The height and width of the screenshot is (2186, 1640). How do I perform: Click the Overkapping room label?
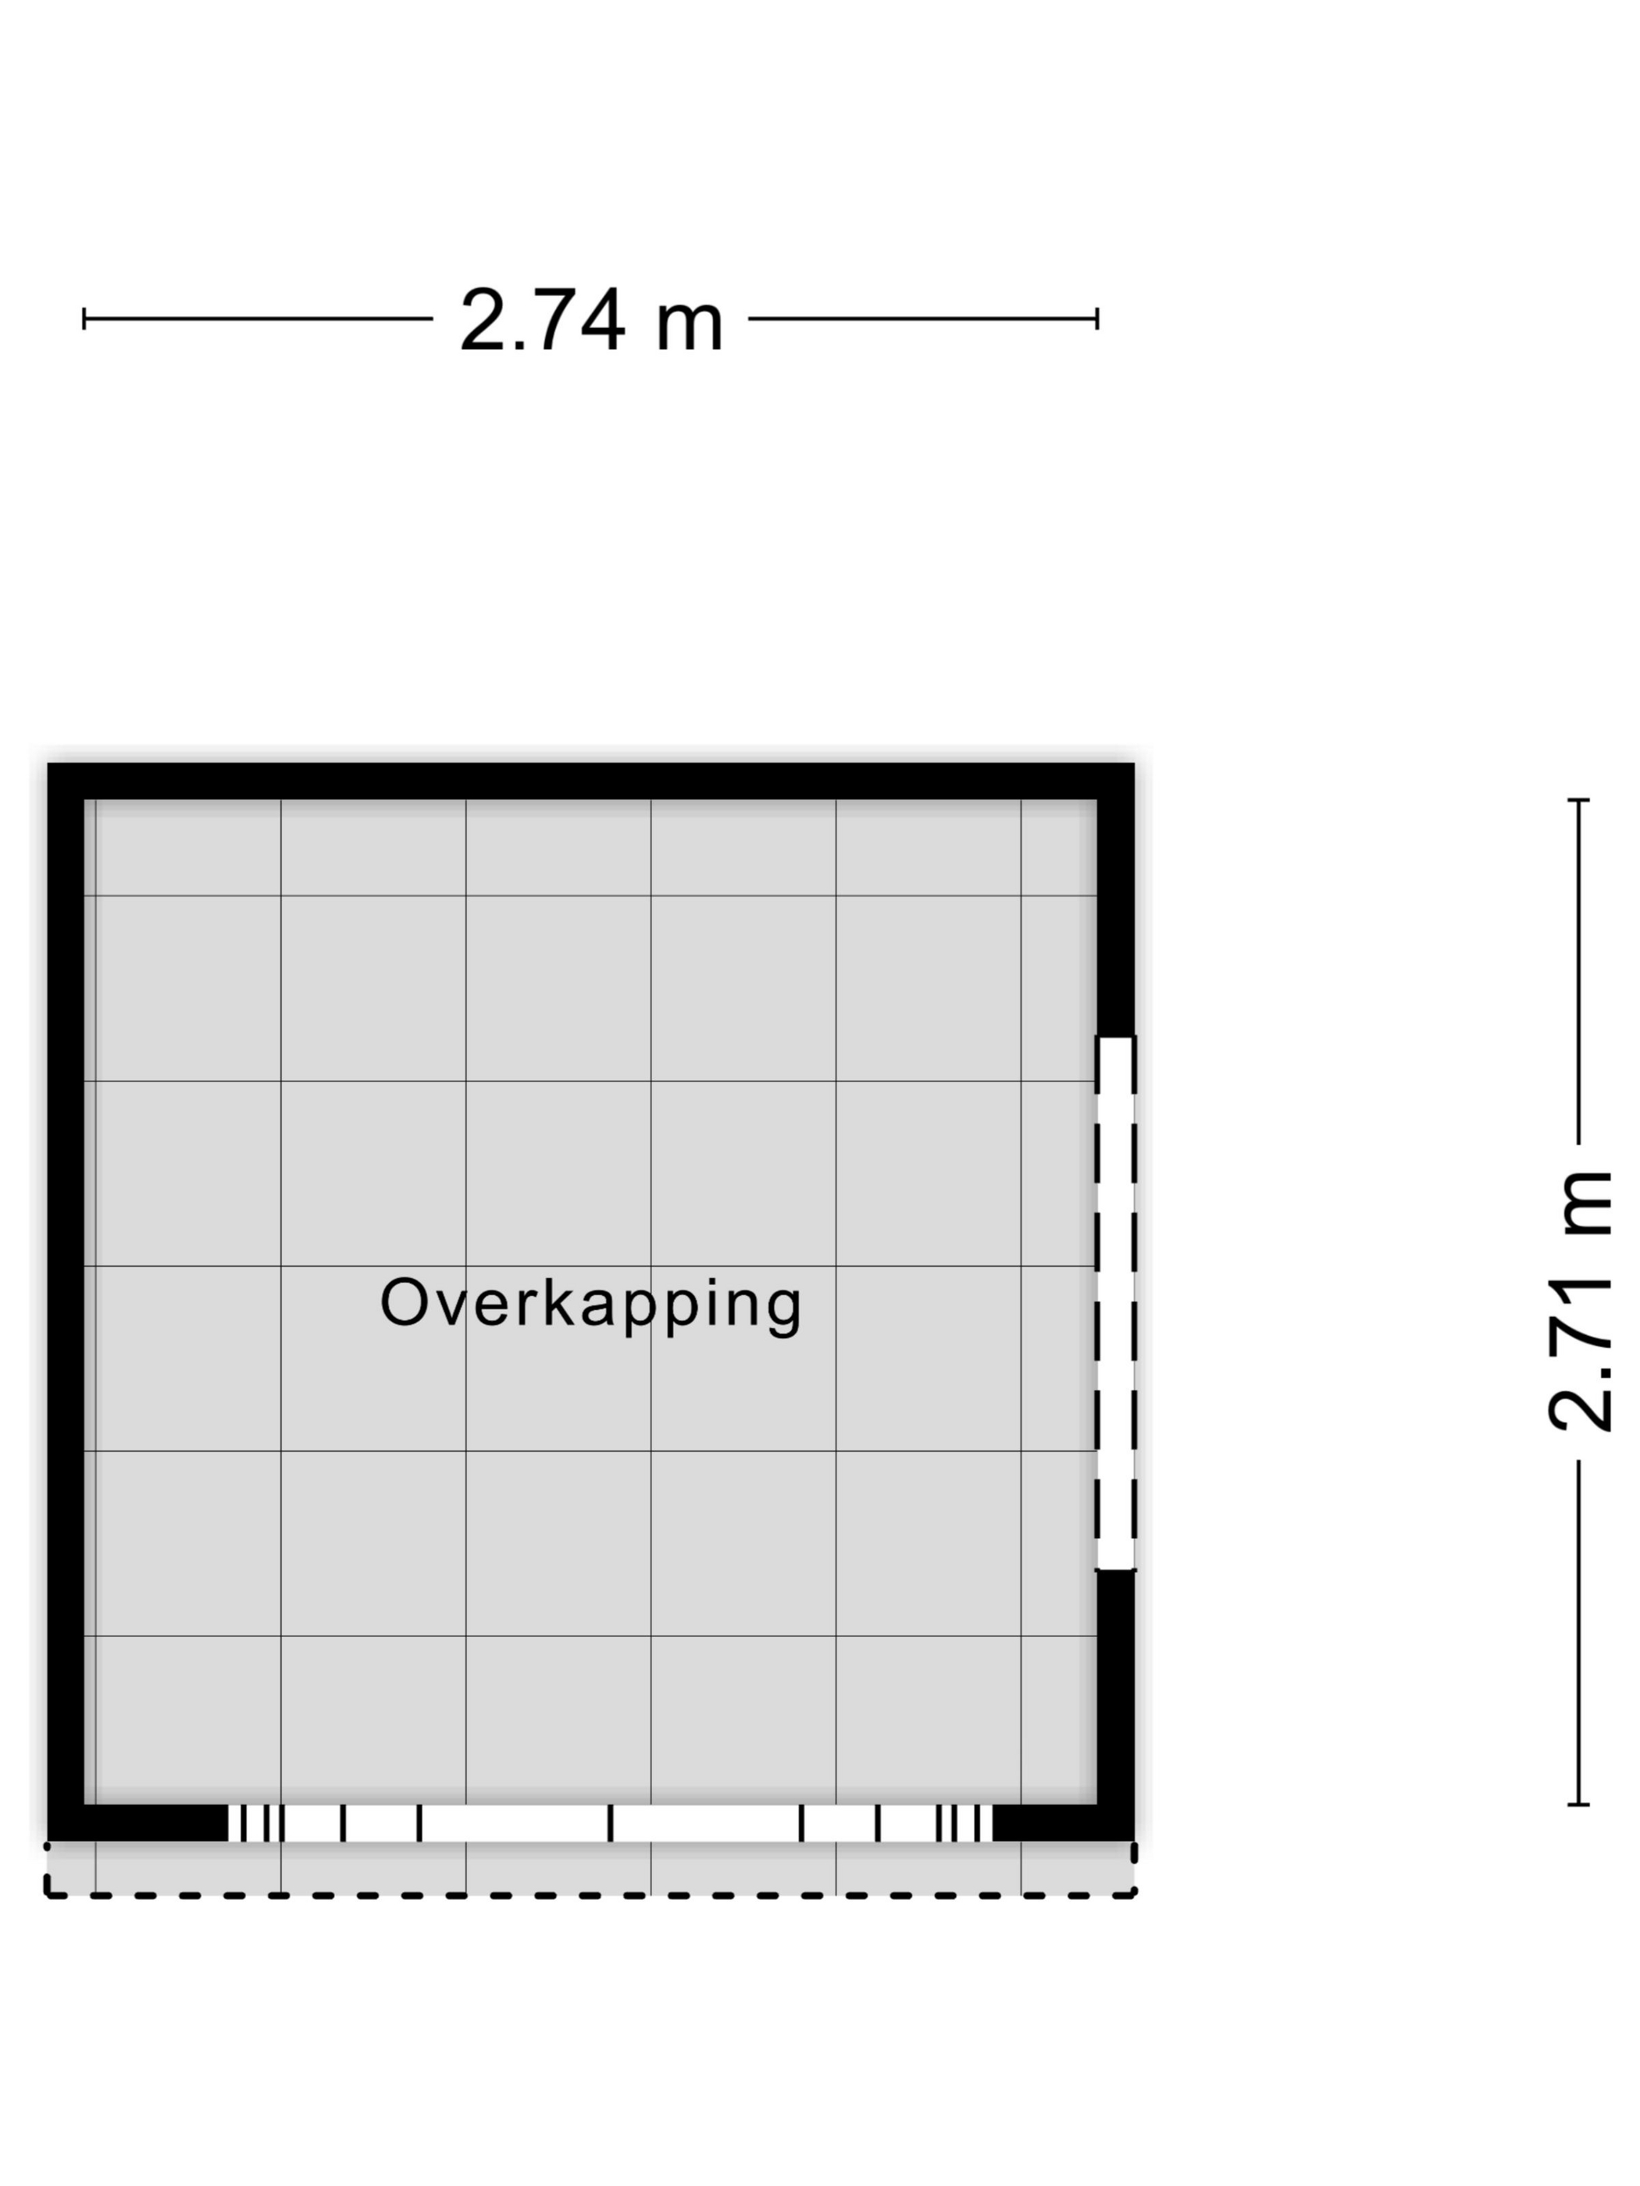[590, 1305]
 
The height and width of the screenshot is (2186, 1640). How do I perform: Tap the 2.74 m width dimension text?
[591, 320]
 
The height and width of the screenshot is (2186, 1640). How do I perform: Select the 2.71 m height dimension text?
[1579, 1302]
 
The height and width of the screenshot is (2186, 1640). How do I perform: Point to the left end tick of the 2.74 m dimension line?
[84, 319]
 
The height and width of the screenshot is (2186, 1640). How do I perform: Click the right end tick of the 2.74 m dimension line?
[1097, 319]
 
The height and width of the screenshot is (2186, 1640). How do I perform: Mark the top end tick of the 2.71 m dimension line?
[1579, 799]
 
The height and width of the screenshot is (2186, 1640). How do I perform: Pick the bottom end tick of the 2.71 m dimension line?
[1579, 1804]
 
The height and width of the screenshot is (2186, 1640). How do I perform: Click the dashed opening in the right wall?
[1115, 1302]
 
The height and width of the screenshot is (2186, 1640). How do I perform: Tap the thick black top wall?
[590, 781]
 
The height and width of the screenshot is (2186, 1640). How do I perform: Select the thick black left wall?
[66, 1301]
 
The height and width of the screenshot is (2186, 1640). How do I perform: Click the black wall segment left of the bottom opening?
[137, 1823]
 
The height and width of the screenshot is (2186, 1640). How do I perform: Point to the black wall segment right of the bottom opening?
[1064, 1823]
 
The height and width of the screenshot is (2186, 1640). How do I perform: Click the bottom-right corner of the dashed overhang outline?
[1135, 1895]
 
